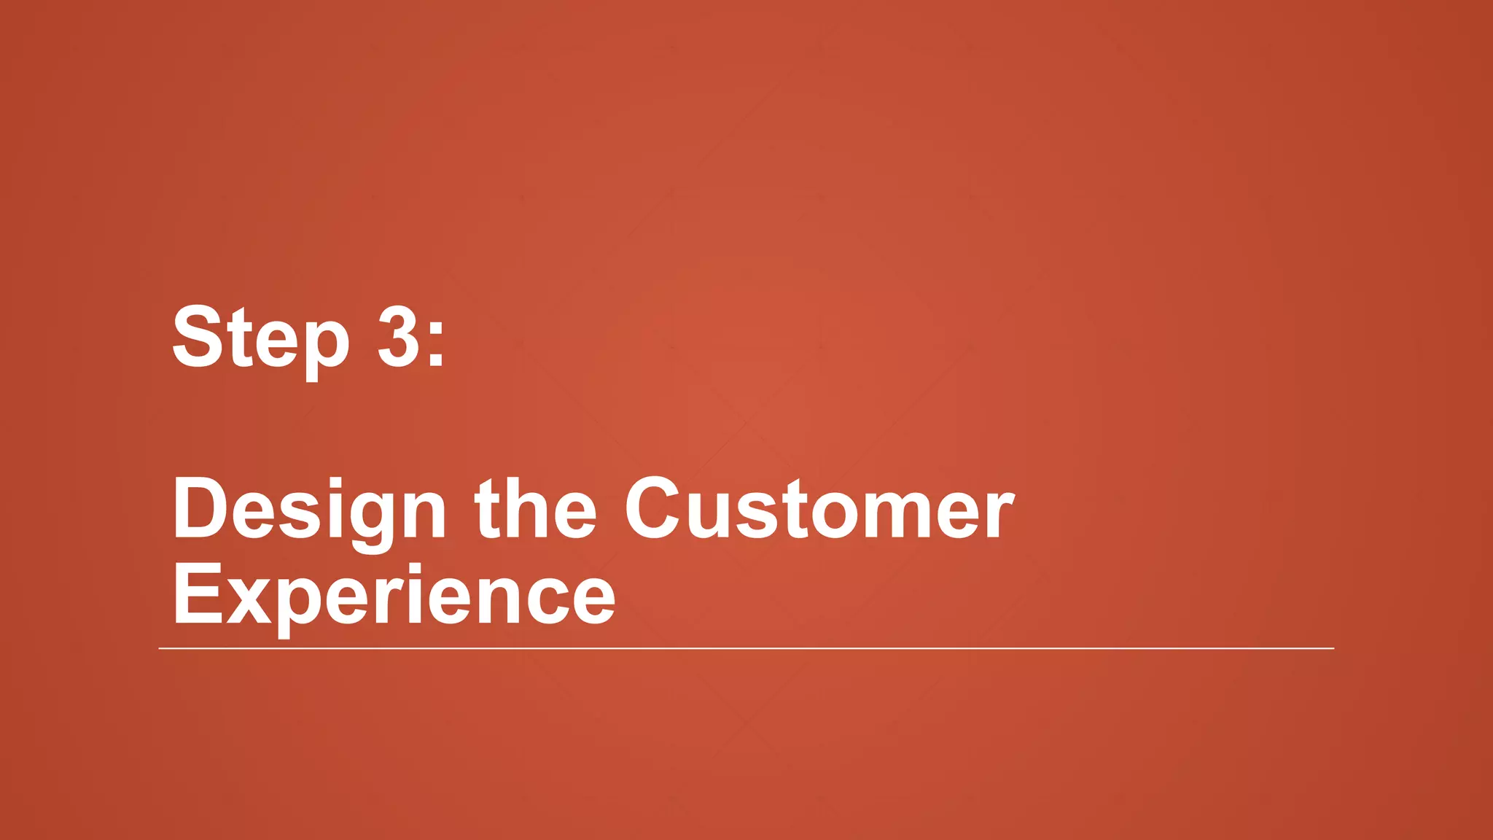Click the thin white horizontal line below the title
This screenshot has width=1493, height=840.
(x=746, y=647)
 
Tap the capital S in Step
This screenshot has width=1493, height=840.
(x=198, y=337)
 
